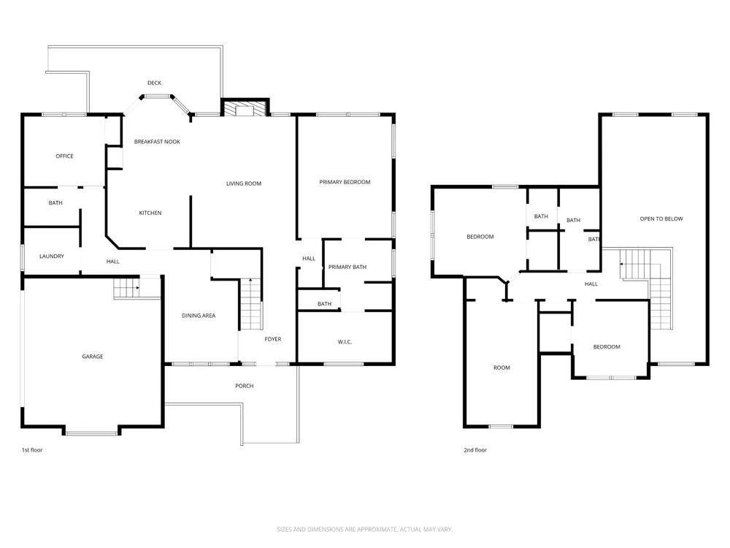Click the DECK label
[154, 83]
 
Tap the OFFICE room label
[64, 156]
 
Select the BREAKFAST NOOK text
[157, 142]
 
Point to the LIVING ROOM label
[244, 183]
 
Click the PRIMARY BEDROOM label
[345, 182]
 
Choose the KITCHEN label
[150, 213]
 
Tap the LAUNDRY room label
[52, 256]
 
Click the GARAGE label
[92, 357]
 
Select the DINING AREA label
[199, 316]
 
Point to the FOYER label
[273, 339]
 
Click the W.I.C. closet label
[345, 342]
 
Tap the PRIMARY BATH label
[347, 267]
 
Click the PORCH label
[245, 386]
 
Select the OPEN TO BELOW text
[661, 218]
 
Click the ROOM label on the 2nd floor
[502, 368]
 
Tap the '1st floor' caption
[32, 450]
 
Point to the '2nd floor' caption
[475, 450]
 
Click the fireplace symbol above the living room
[245, 108]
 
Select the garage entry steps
[126, 287]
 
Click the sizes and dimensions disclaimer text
[364, 529]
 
